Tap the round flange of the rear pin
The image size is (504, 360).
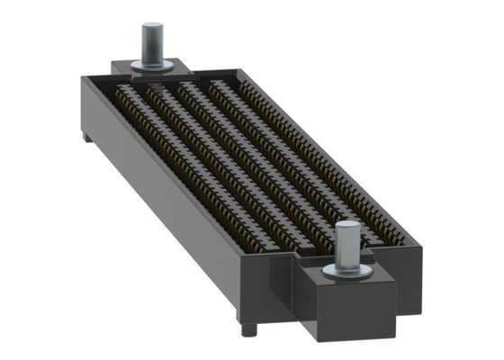(153, 64)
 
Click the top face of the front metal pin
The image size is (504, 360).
(347, 228)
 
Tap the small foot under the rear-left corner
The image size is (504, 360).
(85, 137)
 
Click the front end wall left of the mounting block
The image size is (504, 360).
(270, 288)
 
